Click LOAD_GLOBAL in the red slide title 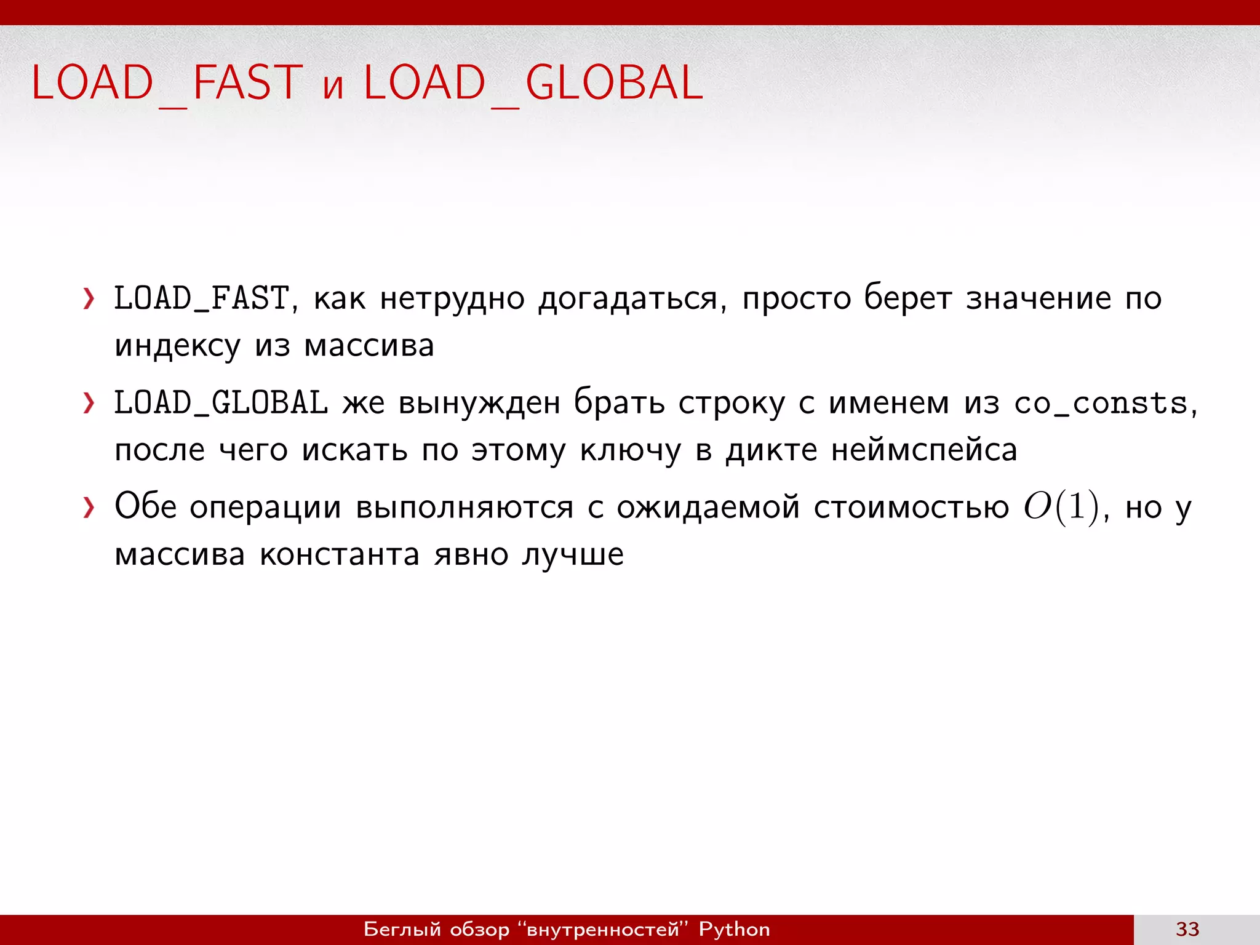pos(533,83)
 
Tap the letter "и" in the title pos(333,87)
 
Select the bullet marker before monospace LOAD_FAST pos(89,300)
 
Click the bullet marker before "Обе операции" pos(89,508)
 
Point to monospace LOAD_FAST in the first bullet pos(202,299)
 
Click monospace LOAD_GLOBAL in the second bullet pos(221,404)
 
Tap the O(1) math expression pos(1061,508)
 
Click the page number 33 pos(1187,929)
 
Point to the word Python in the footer pos(734,929)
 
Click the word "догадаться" pos(628,300)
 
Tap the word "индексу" pos(177,346)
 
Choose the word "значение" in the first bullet pos(1039,299)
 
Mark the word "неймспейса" pos(924,450)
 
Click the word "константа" pos(340,554)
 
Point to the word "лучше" pos(573,554)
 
